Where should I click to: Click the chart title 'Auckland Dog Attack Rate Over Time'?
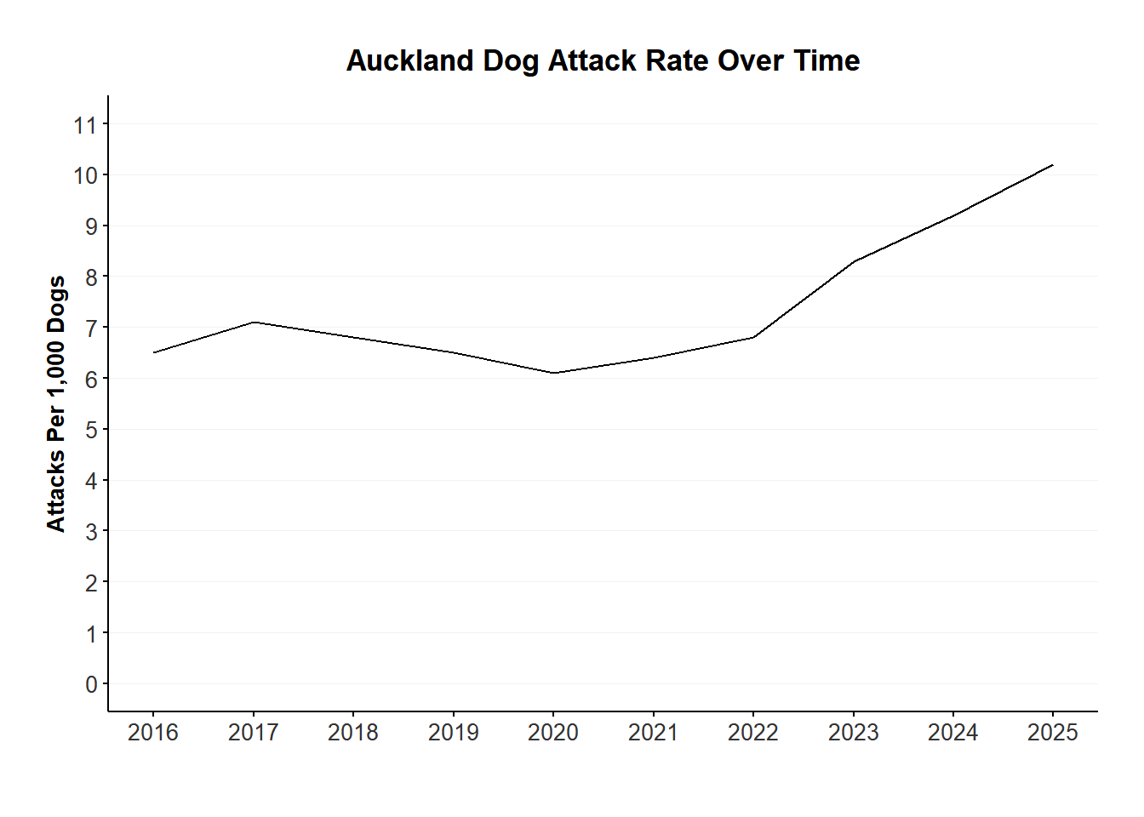click(603, 61)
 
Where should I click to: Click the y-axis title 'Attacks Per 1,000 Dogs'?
click(56, 403)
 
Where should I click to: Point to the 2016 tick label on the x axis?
click(153, 733)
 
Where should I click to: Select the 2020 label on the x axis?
click(553, 733)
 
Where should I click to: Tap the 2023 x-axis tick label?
click(853, 733)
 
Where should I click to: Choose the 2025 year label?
click(1053, 733)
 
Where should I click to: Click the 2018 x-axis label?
click(353, 733)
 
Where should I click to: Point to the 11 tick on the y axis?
click(86, 125)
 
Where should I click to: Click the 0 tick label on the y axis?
click(91, 685)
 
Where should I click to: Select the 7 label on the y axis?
click(91, 329)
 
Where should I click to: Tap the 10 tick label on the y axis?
click(86, 176)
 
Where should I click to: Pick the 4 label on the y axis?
click(91, 481)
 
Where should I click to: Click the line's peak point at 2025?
click(1053, 165)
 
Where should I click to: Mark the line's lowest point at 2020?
click(553, 373)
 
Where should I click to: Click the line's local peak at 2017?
click(254, 322)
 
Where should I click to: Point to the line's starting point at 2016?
click(153, 352)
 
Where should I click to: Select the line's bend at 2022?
click(753, 337)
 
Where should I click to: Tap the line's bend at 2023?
click(853, 261)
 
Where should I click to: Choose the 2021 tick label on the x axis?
click(653, 733)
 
